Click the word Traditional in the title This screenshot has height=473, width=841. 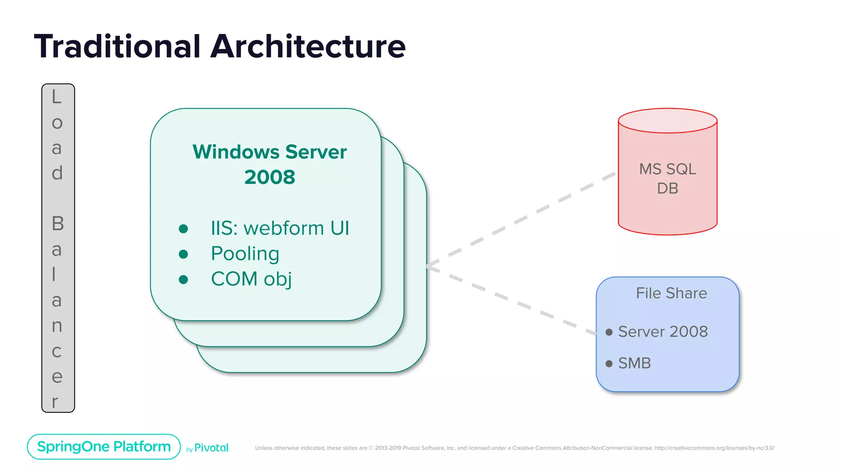117,46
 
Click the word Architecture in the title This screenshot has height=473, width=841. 308,46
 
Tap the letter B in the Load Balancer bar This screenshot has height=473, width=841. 57,224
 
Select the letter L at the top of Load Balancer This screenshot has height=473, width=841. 56,97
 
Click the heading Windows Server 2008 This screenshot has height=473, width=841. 269,164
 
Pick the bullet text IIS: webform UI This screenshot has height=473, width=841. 280,228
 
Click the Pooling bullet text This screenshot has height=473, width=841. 245,254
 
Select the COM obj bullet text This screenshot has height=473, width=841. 251,279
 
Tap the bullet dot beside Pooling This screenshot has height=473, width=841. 184,255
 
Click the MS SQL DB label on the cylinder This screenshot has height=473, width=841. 667,179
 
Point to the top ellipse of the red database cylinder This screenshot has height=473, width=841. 667,120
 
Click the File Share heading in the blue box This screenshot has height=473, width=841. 671,293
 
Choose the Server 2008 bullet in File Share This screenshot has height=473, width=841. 662,332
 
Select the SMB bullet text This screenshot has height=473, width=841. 634,363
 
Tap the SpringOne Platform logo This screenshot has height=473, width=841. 104,447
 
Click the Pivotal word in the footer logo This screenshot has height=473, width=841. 211,448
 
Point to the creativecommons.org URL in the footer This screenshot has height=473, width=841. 715,448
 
